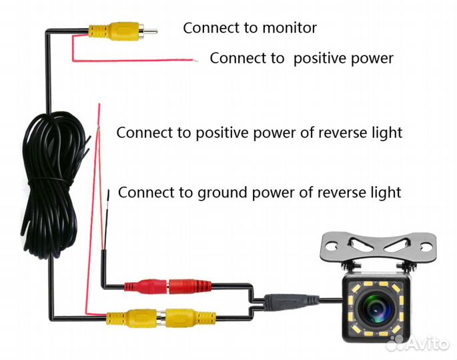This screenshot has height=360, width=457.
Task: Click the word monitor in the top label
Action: (x=290, y=28)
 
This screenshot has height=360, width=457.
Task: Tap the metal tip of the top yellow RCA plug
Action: (x=150, y=31)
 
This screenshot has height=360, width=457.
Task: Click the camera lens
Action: (x=375, y=308)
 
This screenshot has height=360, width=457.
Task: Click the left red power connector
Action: (x=146, y=286)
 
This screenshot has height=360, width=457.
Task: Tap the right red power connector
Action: (x=189, y=285)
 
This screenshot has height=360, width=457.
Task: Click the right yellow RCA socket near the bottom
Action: (x=189, y=317)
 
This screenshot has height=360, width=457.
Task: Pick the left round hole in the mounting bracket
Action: (x=330, y=247)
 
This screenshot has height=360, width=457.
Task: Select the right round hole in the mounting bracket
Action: (x=427, y=247)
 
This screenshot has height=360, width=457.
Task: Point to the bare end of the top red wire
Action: (x=196, y=61)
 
